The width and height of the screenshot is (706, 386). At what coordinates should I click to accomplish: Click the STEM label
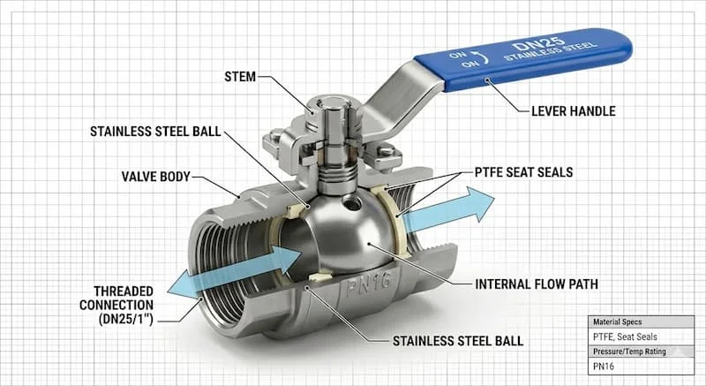[240, 77]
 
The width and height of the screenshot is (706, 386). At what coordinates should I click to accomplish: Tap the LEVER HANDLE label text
[573, 111]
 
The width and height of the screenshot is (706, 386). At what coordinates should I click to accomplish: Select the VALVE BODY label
[156, 177]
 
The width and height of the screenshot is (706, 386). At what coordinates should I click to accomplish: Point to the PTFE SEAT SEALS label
[523, 172]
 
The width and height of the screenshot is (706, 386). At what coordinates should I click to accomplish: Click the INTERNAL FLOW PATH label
[537, 284]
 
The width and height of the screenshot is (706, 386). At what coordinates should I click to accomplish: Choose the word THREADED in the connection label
[124, 291]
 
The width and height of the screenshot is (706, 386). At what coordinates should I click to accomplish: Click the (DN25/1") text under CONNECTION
[126, 320]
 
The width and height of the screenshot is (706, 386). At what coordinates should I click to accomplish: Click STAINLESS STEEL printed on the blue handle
[550, 52]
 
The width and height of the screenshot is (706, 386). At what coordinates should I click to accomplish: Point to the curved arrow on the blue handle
[484, 58]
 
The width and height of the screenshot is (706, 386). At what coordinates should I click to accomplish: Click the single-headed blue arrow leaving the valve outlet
[448, 211]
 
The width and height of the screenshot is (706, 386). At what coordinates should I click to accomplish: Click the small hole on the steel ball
[351, 203]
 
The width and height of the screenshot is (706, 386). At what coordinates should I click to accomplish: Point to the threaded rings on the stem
[336, 174]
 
